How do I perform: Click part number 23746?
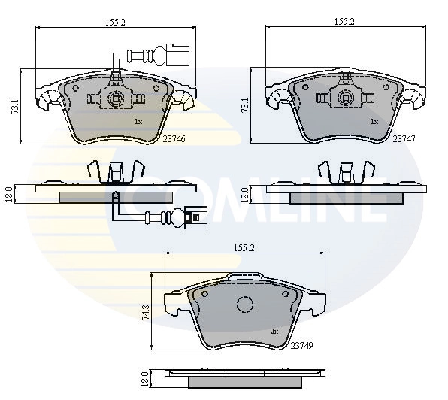(174, 139)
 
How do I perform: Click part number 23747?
(404, 139)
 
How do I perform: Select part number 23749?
(301, 345)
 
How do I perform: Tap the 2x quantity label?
(274, 331)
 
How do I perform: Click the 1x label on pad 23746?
(138, 121)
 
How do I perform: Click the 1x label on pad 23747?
(374, 121)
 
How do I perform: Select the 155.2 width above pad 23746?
(115, 23)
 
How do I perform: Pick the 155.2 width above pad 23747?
(344, 23)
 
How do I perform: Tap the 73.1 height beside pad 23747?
(244, 105)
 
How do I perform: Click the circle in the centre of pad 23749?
(244, 305)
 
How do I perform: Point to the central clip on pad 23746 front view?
(116, 97)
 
